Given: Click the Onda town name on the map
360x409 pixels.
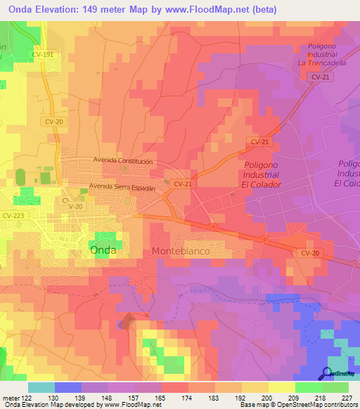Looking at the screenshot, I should click(104, 249).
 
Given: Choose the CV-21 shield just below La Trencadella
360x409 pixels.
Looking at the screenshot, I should click(319, 77).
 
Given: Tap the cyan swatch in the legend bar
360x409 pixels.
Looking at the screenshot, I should click(41, 387).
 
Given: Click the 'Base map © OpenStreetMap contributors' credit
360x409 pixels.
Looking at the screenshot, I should click(298, 405).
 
